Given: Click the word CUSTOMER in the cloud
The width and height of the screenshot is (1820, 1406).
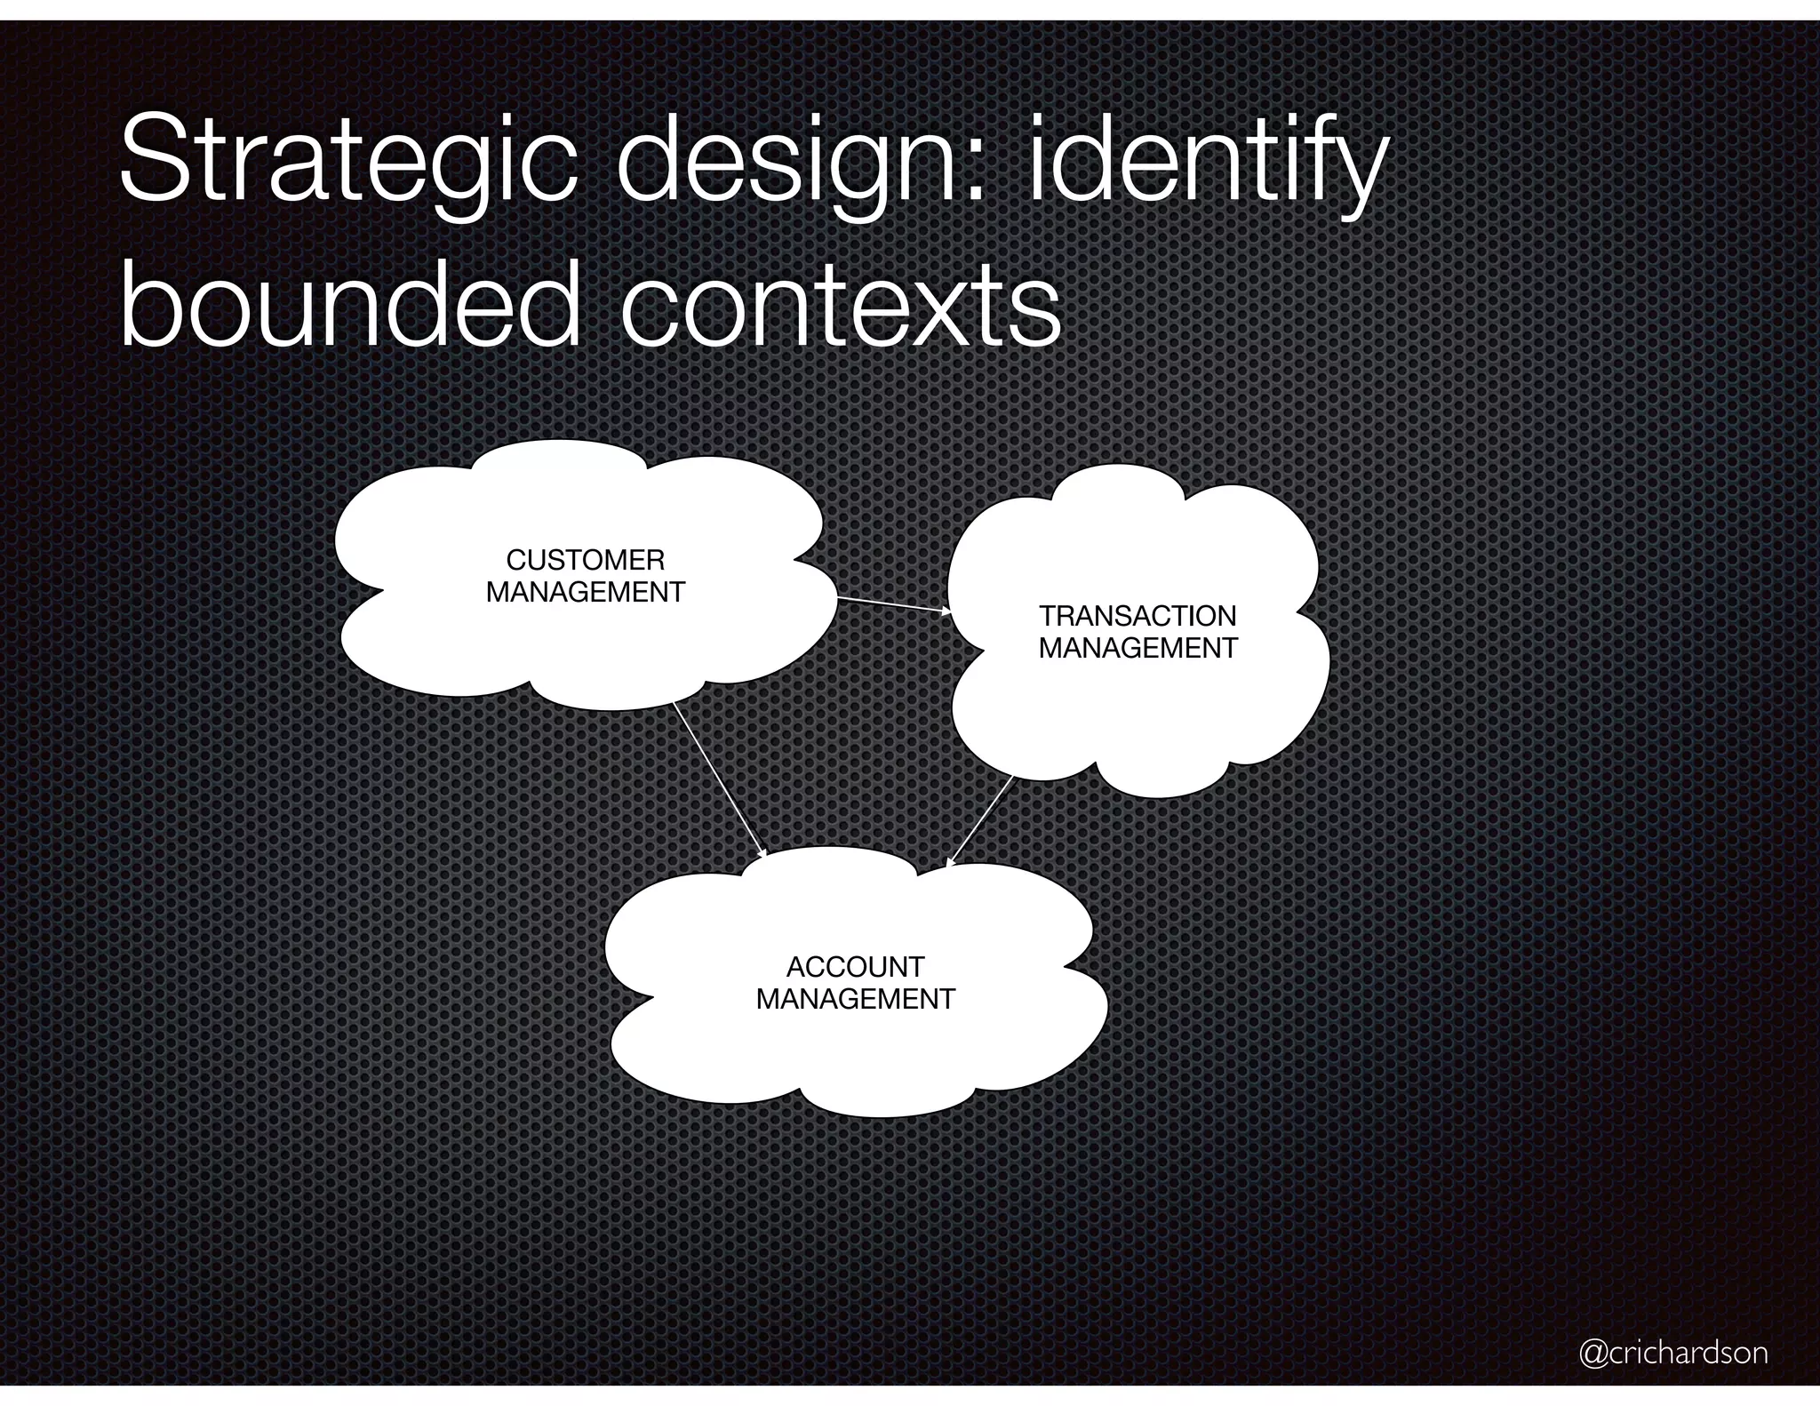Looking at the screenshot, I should [x=585, y=560].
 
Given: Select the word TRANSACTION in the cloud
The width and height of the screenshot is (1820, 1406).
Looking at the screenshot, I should [x=1137, y=616].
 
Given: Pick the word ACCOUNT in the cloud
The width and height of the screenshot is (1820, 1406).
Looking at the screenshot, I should [x=855, y=966].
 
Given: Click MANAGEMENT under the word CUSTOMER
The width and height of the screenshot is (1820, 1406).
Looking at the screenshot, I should [x=585, y=592].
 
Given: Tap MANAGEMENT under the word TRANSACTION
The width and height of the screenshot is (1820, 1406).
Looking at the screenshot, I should [x=1137, y=648].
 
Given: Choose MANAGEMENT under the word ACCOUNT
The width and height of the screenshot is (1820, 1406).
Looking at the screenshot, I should [x=855, y=999].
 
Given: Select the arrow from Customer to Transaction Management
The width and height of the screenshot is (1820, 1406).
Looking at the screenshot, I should [x=892, y=604].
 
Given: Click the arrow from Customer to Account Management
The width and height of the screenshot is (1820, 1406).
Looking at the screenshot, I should [x=718, y=779].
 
